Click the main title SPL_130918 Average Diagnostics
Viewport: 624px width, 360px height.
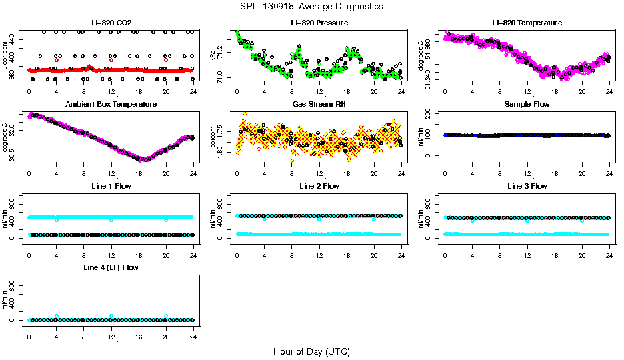click(x=312, y=6)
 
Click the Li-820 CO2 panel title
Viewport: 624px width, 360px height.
click(x=111, y=23)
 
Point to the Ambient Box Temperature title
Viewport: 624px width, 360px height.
click(x=111, y=105)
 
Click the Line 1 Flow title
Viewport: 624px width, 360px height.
click(x=111, y=186)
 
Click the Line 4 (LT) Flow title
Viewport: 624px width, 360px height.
click(x=111, y=267)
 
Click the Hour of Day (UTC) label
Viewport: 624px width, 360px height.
click(x=311, y=351)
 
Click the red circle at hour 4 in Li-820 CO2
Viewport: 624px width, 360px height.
click(x=57, y=60)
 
